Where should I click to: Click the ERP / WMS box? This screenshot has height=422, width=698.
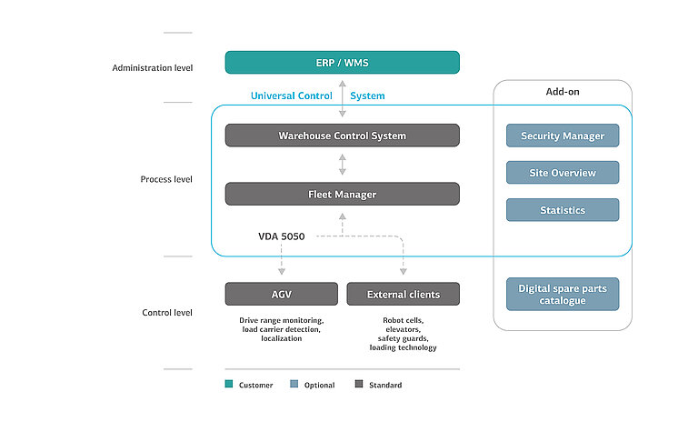(342, 62)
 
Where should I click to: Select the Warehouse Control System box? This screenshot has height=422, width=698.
(342, 136)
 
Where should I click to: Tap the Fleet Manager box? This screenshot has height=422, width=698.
(342, 194)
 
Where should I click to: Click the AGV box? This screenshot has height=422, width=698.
(281, 294)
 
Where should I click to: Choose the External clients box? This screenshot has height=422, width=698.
(403, 294)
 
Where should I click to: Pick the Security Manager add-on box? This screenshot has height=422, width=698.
(562, 136)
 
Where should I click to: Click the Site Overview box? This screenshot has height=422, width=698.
(562, 173)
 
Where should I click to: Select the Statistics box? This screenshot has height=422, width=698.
(562, 210)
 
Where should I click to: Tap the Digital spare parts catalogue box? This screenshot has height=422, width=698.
(562, 294)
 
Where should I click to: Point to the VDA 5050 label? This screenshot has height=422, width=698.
(281, 236)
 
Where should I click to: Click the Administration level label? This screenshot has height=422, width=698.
(152, 67)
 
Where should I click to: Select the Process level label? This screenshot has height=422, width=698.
(166, 179)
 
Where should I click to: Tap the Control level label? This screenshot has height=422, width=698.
(167, 312)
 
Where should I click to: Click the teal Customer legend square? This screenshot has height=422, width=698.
(229, 385)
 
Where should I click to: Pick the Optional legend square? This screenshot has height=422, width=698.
(294, 385)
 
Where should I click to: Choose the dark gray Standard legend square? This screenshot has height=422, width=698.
(359, 385)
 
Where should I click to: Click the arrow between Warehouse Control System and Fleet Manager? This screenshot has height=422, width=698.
(343, 165)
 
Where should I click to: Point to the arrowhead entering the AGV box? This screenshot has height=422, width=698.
(281, 271)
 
